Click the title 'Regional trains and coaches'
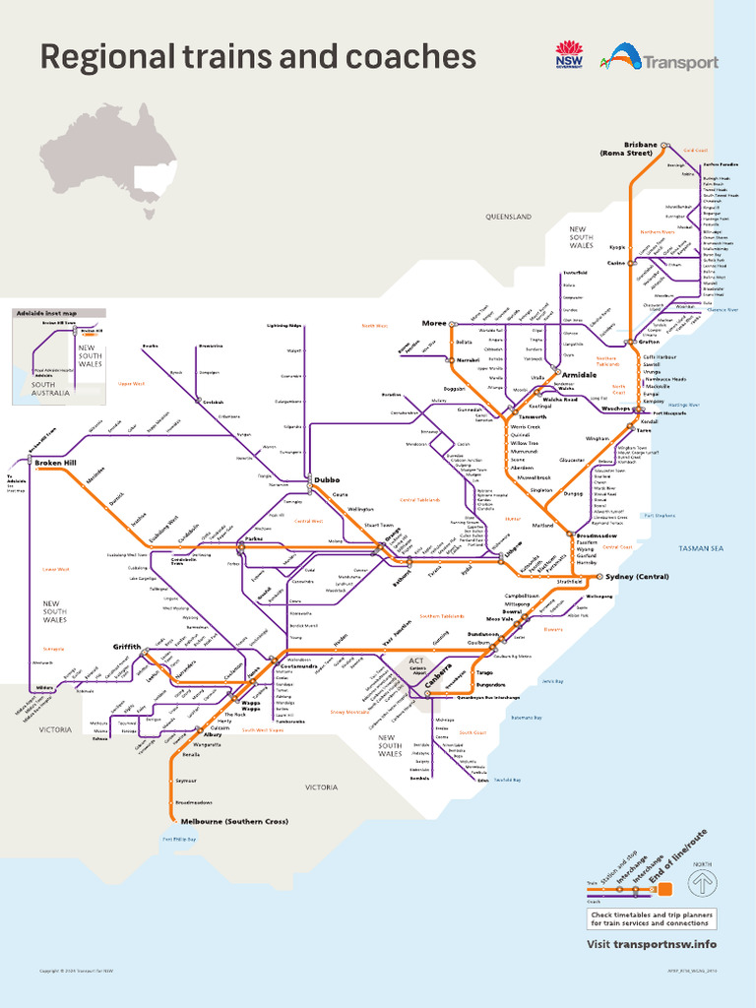point(258,57)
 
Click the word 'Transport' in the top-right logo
point(680,63)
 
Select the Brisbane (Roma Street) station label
point(626,149)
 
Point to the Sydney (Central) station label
point(639,576)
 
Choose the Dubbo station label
point(327,480)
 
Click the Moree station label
point(433,323)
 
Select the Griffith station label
point(127,647)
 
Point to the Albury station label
point(213,734)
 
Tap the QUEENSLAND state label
point(508,216)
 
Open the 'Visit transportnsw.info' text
point(652,944)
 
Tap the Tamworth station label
point(533,417)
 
